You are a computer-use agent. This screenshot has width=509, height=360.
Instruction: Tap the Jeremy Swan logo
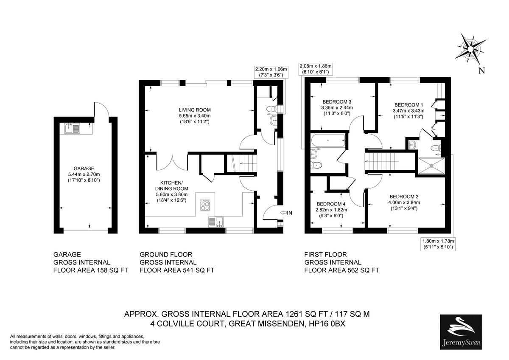pyautogui.click(x=460, y=332)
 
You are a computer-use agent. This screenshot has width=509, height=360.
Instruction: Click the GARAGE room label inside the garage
pyautogui.click(x=83, y=168)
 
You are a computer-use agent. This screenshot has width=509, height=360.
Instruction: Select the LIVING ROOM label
pyautogui.click(x=194, y=110)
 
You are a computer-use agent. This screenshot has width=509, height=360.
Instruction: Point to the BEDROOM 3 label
pyautogui.click(x=337, y=102)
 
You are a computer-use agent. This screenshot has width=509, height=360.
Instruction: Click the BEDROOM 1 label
pyautogui.click(x=408, y=105)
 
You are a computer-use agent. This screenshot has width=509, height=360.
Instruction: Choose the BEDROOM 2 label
pyautogui.click(x=404, y=197)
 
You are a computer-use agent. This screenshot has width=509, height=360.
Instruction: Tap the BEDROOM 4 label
pyautogui.click(x=331, y=203)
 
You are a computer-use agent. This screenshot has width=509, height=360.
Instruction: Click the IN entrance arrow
pyautogui.click(x=286, y=212)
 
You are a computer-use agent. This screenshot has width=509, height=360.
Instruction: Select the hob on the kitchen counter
pyautogui.click(x=206, y=205)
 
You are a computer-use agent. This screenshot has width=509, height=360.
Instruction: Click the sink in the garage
pyautogui.click(x=73, y=127)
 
